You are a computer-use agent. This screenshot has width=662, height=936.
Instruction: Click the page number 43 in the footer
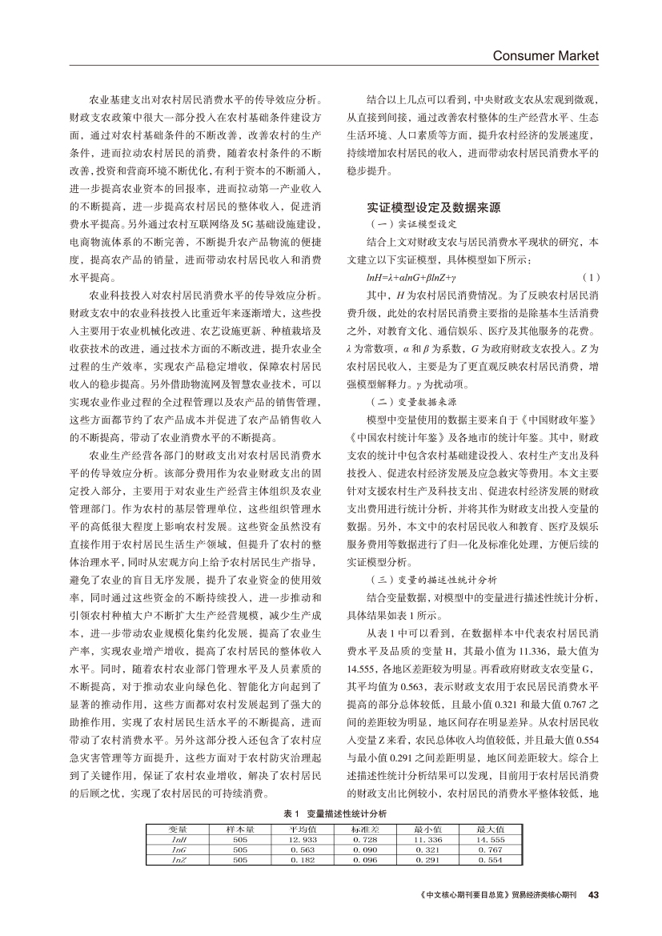click(593, 894)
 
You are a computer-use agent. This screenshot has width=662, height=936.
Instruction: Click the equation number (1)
click(591, 277)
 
